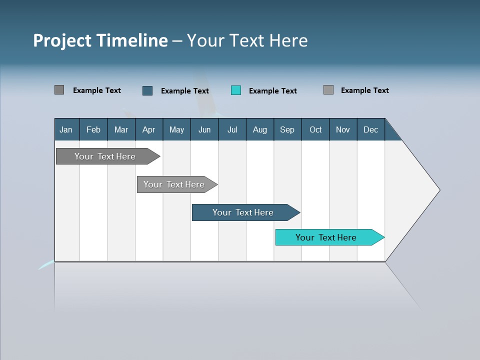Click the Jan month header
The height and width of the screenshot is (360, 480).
click(x=66, y=129)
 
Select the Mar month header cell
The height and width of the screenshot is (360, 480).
click(x=121, y=129)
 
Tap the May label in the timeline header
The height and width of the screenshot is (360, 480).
click(x=176, y=129)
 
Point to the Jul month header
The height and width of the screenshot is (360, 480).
click(x=232, y=129)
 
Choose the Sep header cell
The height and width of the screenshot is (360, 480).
click(x=287, y=129)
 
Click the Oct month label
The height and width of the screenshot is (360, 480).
click(x=315, y=129)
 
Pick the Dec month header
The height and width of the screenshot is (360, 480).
click(x=370, y=129)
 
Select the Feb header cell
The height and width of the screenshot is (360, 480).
click(x=93, y=129)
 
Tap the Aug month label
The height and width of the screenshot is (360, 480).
click(x=259, y=129)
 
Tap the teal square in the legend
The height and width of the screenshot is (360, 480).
click(x=236, y=90)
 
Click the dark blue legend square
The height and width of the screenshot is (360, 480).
click(x=147, y=90)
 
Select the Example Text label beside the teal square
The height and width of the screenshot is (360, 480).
click(x=272, y=91)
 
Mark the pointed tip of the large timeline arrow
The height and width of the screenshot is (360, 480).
click(x=439, y=189)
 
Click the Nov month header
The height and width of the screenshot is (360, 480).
click(x=343, y=129)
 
